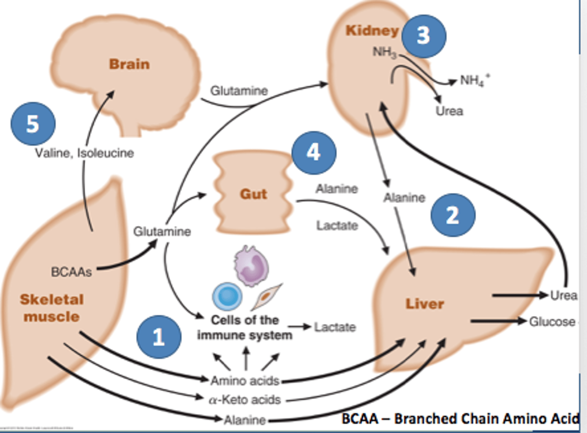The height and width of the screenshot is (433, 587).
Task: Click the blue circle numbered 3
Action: [424, 36]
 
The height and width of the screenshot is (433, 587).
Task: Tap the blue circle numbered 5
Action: [33, 124]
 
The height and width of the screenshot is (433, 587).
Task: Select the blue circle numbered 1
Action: [159, 337]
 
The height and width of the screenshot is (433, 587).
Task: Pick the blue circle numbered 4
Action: [313, 152]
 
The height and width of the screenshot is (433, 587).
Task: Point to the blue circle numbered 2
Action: [452, 215]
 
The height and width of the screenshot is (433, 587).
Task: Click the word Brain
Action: [129, 64]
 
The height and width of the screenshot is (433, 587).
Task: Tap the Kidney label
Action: [372, 30]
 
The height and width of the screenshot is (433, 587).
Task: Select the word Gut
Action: [253, 194]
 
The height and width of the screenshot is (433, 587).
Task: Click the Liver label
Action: [424, 304]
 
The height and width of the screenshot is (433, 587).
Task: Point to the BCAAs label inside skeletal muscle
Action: [71, 272]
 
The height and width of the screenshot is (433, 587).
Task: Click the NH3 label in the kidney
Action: [384, 52]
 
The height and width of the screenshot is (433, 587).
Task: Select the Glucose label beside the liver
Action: [552, 322]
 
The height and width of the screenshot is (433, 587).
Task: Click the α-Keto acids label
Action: [245, 400]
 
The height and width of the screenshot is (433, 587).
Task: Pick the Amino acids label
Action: [245, 380]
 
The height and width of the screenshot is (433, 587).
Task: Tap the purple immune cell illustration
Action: [251, 266]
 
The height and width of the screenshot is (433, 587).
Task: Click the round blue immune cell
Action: [227, 296]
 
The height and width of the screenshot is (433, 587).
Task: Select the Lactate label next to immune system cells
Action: [335, 327]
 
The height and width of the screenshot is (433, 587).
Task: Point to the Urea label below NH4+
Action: [449, 111]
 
